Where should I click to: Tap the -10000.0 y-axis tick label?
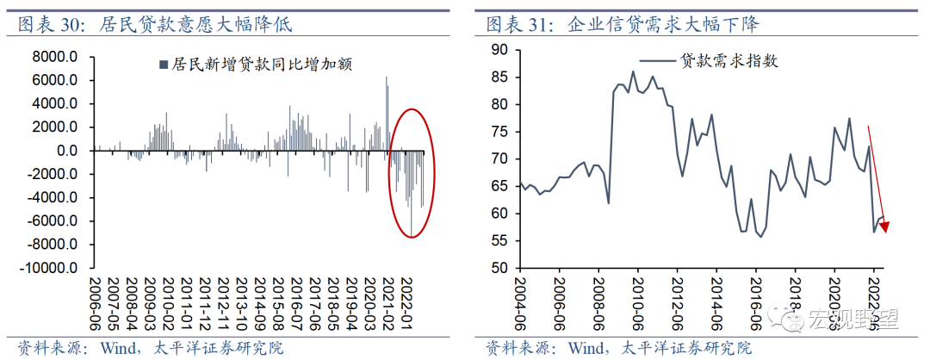pos(49,268)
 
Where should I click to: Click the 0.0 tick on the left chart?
pos(65,151)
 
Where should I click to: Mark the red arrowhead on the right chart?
pos(884,227)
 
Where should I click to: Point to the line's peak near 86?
pos(633,72)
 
